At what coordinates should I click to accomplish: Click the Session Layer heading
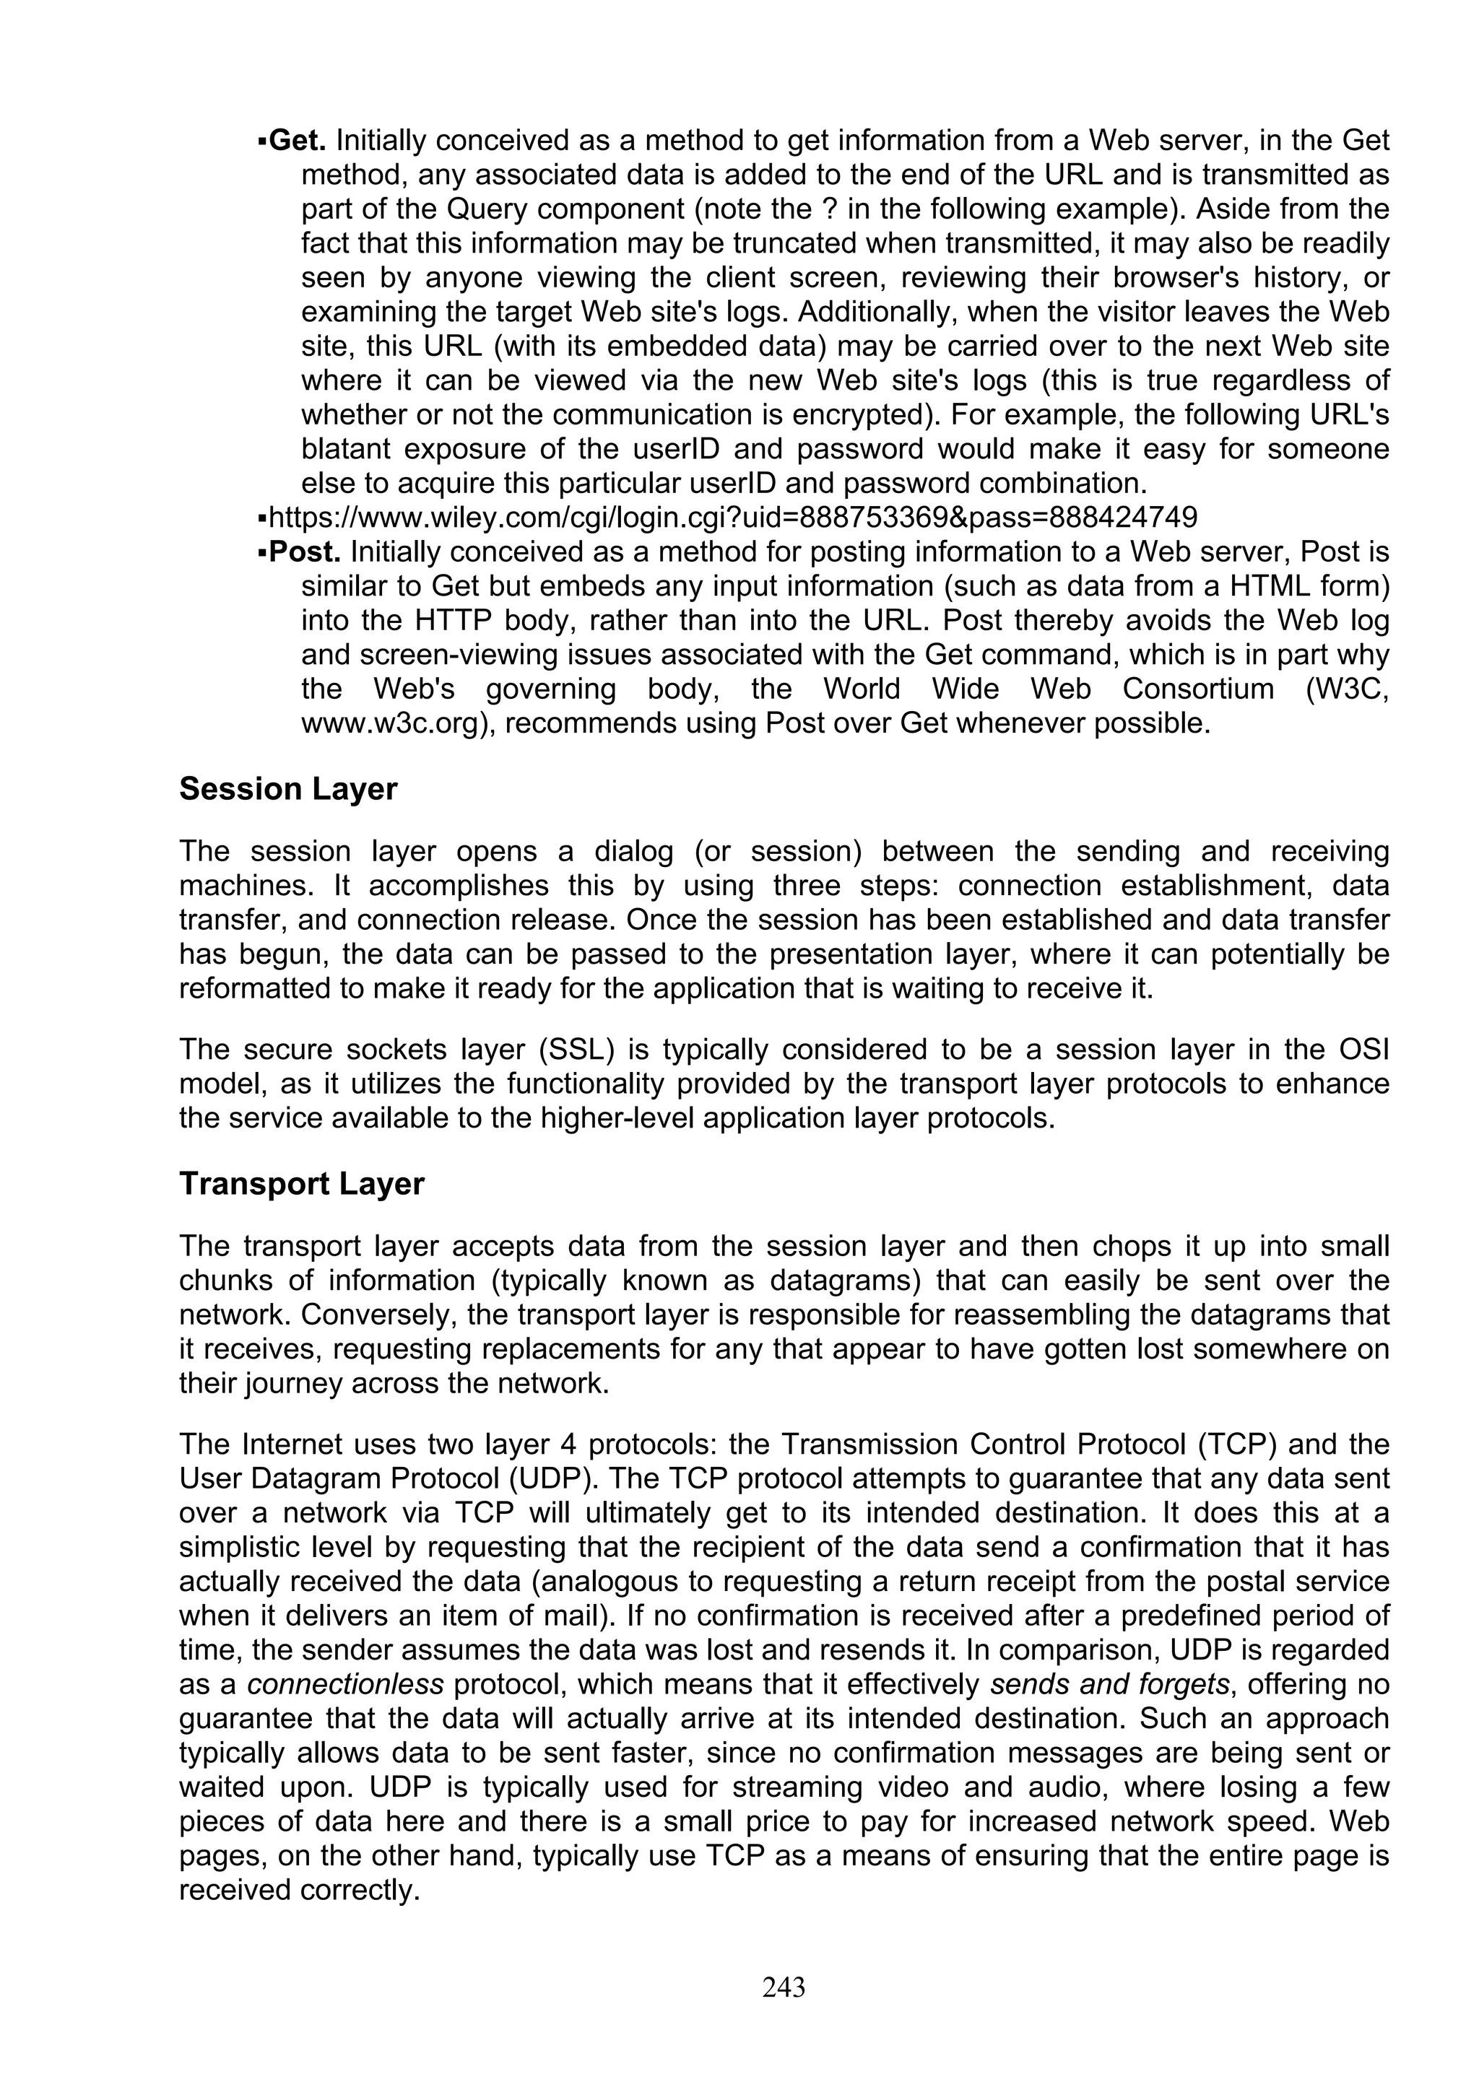tap(288, 788)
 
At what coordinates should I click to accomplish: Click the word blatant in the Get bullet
tap(344, 449)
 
